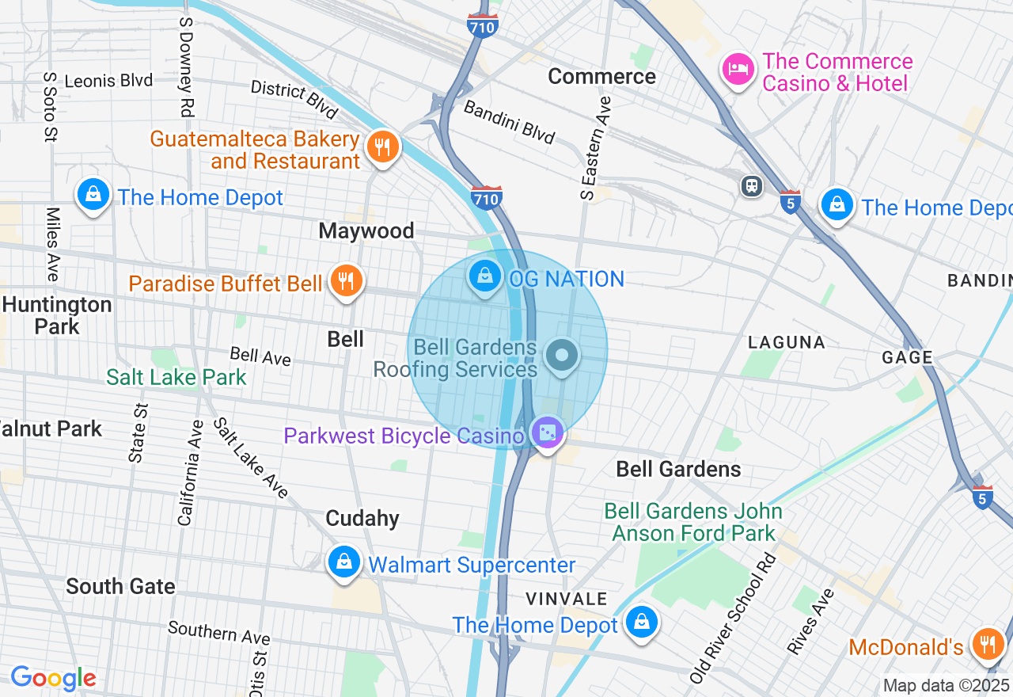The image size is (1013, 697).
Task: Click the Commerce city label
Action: (x=601, y=76)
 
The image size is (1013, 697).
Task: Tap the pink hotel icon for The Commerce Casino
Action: (x=738, y=69)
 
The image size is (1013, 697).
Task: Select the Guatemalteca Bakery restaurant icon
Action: (x=383, y=147)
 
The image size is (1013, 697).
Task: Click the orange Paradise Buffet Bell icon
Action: (x=345, y=280)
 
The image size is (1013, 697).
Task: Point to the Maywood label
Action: (x=366, y=230)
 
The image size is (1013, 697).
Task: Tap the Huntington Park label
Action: (x=57, y=315)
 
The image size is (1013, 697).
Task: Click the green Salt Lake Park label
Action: (x=176, y=377)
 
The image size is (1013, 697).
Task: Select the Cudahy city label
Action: (x=362, y=518)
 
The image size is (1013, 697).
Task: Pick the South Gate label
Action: (x=120, y=586)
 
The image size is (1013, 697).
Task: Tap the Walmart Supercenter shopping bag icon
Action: (x=344, y=562)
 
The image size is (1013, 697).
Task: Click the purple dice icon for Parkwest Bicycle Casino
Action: (x=548, y=432)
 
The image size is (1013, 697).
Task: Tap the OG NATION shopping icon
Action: (x=484, y=276)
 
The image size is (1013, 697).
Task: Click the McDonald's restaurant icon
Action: (x=987, y=642)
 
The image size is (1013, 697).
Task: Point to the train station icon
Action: (x=751, y=186)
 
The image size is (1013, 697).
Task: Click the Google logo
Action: (x=53, y=678)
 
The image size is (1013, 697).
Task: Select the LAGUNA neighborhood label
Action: (x=787, y=342)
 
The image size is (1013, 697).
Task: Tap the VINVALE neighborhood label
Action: (x=567, y=598)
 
